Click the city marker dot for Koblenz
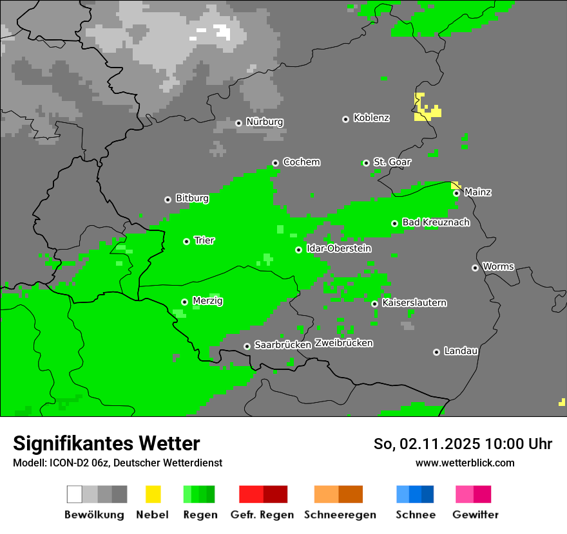345,119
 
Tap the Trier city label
204,241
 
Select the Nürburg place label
264,122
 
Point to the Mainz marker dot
456,193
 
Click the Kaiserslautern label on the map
414,302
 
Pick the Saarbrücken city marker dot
247,346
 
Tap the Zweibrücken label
343,343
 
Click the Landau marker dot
436,352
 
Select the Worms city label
498,266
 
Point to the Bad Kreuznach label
436,223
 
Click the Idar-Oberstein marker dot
298,250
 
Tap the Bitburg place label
192,198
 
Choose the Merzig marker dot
184,302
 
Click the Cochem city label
301,162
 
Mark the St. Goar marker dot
366,163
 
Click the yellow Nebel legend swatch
153,494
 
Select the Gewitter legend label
475,515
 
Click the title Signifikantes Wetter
106,443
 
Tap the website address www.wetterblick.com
465,463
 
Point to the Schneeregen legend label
340,515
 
